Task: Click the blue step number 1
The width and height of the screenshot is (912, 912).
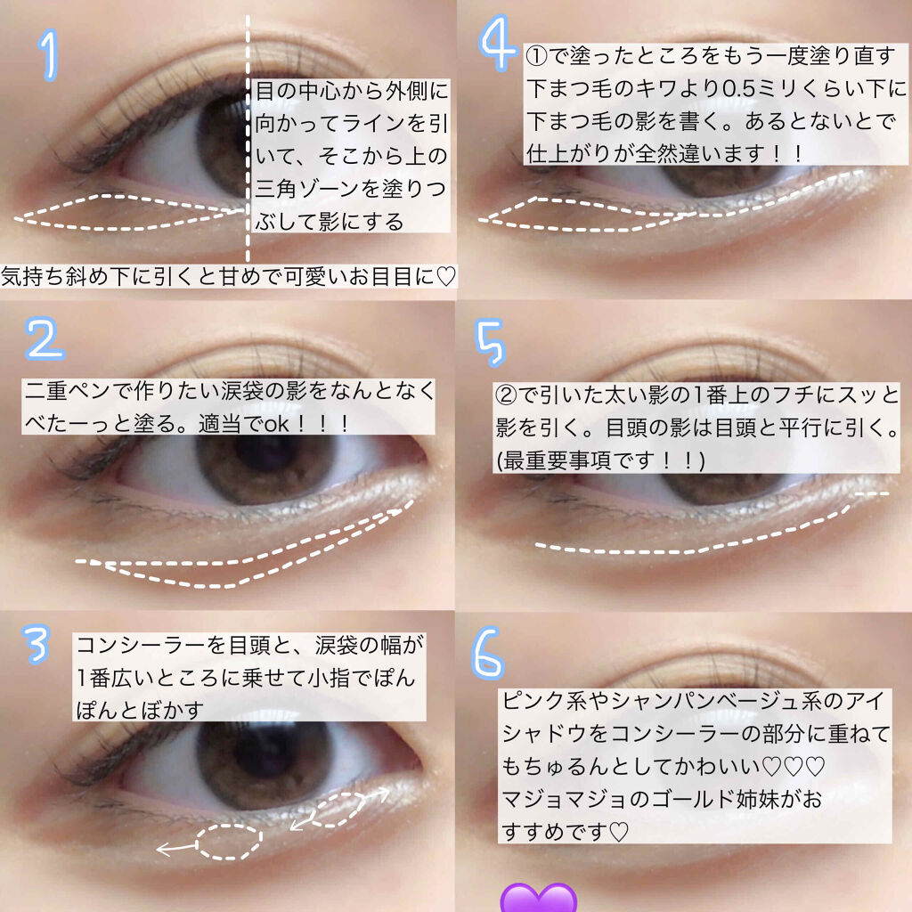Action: coord(50,55)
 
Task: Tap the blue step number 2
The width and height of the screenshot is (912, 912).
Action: coord(45,338)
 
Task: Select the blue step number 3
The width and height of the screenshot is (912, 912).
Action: coord(36,645)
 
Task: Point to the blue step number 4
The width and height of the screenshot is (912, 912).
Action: coord(497,44)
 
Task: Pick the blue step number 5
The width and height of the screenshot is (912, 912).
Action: coord(491,343)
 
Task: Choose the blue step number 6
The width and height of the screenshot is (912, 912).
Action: coord(487,653)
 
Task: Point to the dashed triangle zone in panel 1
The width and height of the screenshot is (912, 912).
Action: coord(129,212)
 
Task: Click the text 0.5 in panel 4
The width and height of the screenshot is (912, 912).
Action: coord(738,88)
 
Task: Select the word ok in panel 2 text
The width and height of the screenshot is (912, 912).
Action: coord(277,424)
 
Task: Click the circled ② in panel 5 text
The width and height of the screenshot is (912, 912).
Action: coord(506,395)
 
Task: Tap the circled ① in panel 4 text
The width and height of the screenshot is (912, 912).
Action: coord(537,56)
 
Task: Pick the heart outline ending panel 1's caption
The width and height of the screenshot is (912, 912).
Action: coord(445,277)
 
